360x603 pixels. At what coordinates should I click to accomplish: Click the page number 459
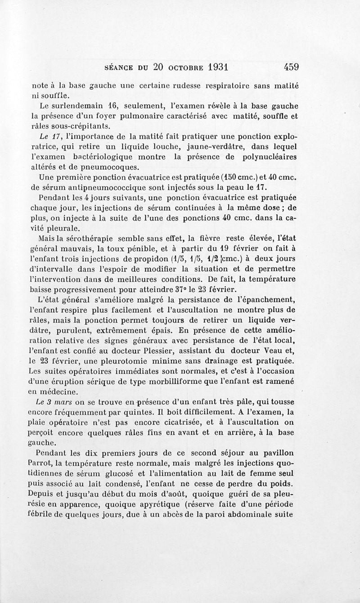coord(292,67)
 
